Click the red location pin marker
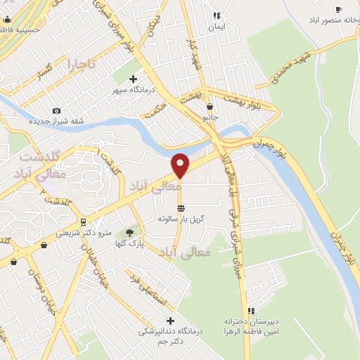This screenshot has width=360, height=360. tap(181, 165)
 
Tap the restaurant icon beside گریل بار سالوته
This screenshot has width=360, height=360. tap(181, 208)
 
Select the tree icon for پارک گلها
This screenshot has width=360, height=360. tap(129, 233)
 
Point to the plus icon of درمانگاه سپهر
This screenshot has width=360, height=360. tap(133, 79)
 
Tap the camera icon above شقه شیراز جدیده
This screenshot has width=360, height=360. tap(57, 110)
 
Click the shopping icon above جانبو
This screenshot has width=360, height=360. tap(210, 107)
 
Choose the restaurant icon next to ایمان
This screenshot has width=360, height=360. tap(217, 15)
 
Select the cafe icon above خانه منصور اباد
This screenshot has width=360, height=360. tap(339, 10)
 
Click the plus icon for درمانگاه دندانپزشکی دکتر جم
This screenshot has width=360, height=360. tap(169, 321)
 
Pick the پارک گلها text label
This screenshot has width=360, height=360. tap(130, 243)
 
